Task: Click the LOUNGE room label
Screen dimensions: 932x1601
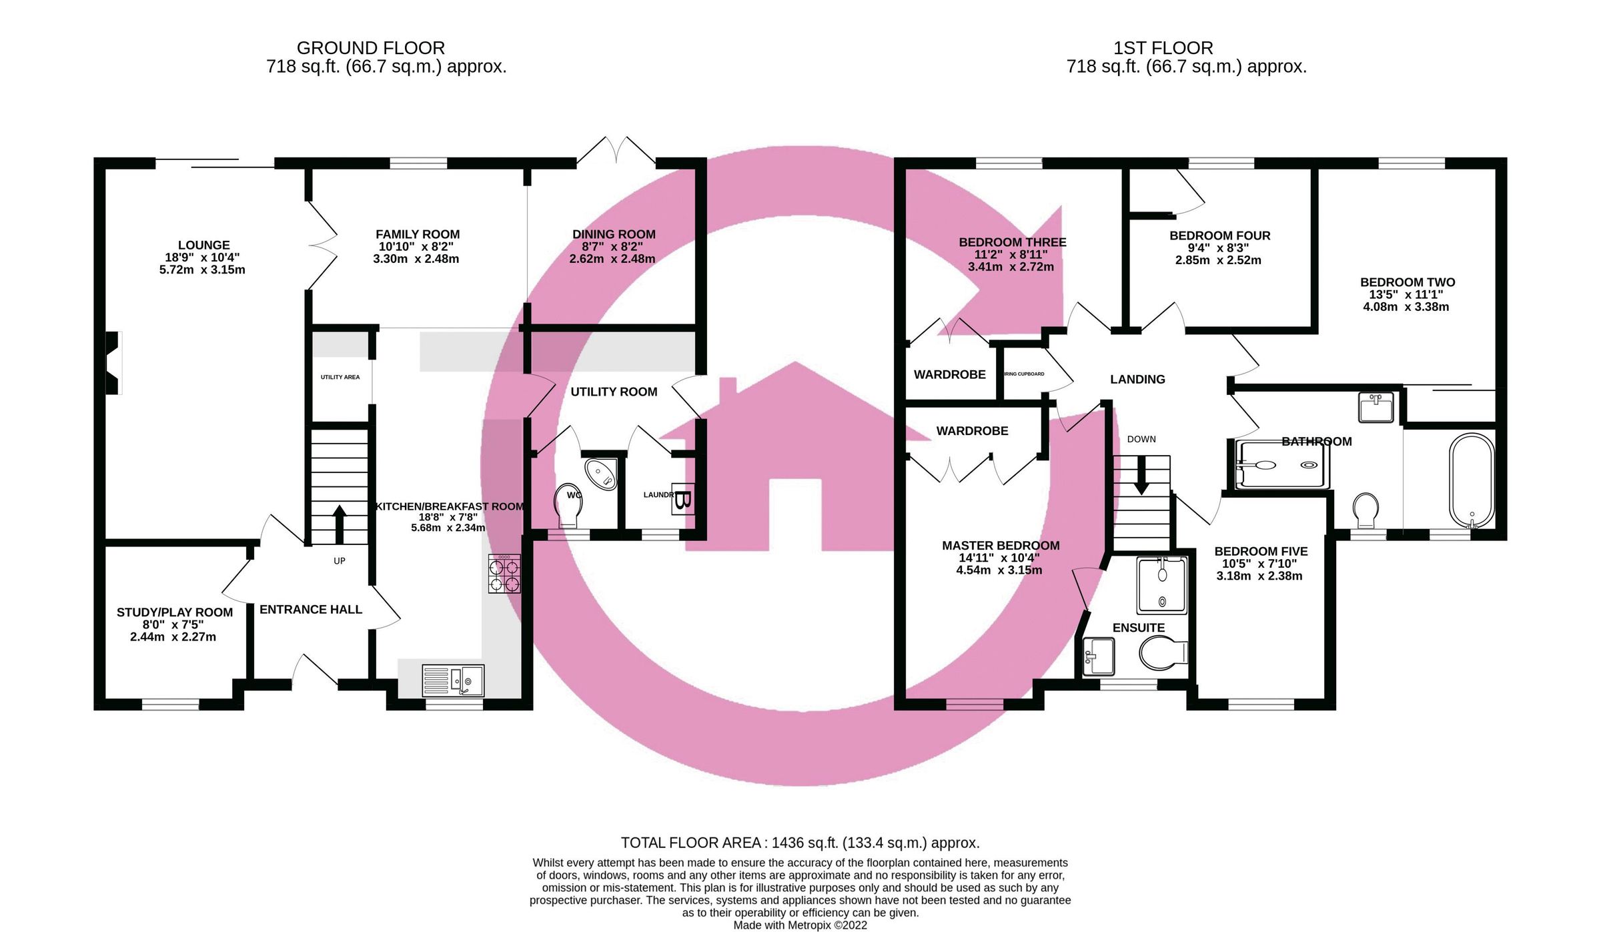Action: click(x=203, y=246)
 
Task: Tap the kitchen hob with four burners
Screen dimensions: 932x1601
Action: click(x=504, y=574)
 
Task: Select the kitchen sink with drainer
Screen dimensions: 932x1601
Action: click(x=453, y=680)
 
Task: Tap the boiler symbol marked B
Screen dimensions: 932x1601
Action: click(x=682, y=499)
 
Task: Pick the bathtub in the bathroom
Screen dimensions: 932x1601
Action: click(x=1472, y=480)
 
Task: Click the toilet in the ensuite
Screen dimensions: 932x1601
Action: click(x=1163, y=652)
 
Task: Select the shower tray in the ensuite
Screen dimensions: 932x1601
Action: click(x=1162, y=585)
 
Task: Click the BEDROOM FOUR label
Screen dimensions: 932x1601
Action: click(x=1219, y=236)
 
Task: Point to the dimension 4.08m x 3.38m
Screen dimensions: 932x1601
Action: click(x=1406, y=307)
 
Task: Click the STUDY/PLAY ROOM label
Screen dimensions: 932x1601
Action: click(x=175, y=612)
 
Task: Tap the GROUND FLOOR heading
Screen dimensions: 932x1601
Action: click(x=371, y=48)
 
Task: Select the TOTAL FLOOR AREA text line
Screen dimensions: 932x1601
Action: click(x=800, y=843)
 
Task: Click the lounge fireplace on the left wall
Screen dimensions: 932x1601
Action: click(x=113, y=363)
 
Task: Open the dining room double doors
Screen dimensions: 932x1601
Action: click(x=616, y=152)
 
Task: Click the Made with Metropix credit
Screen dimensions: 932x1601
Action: click(x=800, y=925)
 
